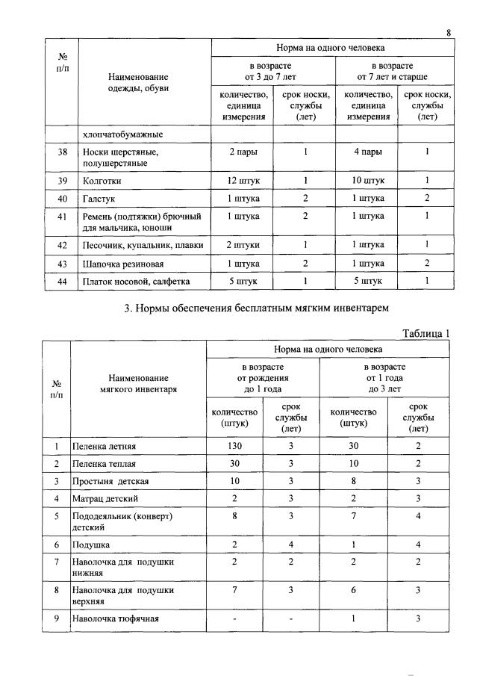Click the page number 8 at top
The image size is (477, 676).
(449, 32)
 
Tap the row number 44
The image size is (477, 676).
(62, 281)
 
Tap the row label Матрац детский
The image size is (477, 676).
(105, 497)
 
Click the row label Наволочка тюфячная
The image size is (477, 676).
(115, 618)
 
